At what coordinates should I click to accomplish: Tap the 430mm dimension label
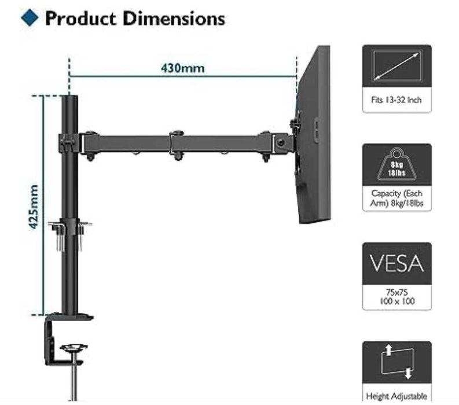coord(183,68)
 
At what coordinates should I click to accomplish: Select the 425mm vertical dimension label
coord(34,207)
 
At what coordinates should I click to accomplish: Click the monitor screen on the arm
coord(315,133)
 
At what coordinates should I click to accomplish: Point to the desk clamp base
coord(69,318)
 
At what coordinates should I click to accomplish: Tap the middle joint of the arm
coord(178,142)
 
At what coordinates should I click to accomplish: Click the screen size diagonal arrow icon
coord(396,66)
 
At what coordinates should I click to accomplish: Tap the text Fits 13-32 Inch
coord(396,100)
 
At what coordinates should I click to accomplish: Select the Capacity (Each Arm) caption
coord(396,198)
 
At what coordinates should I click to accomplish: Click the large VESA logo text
coord(396,263)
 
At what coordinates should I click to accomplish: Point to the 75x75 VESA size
coord(396,293)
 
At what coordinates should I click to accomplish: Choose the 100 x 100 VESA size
coord(396,301)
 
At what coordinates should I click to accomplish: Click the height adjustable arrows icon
coord(396,362)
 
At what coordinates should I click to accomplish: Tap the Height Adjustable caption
coord(396,396)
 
